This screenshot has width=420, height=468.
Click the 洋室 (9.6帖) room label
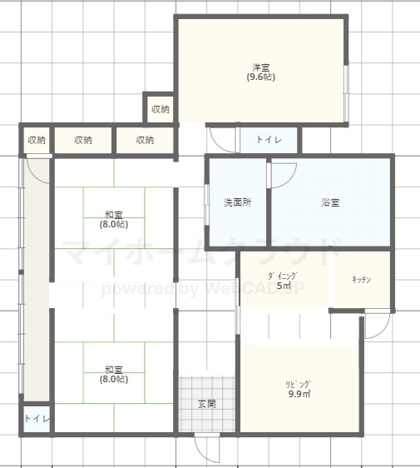click(260, 72)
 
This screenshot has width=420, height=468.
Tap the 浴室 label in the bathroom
click(330, 202)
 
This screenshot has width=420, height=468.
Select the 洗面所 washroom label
click(237, 202)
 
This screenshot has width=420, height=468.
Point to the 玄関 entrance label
click(207, 404)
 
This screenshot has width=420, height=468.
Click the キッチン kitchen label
click(362, 280)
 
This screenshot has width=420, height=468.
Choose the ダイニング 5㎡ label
click(284, 281)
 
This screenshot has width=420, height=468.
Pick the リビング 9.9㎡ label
click(299, 389)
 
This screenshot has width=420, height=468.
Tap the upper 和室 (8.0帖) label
click(114, 219)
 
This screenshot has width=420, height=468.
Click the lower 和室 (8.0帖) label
click(114, 375)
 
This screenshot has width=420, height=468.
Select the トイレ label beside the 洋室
click(269, 140)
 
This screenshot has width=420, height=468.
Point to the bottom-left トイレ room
click(37, 419)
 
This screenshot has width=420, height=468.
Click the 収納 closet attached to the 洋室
click(161, 109)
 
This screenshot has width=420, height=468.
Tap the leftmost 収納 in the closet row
click(37, 140)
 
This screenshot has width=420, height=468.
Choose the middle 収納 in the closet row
click(83, 140)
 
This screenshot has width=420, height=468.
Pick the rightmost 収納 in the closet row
click(145, 140)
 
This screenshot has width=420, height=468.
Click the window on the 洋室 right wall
click(346, 93)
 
